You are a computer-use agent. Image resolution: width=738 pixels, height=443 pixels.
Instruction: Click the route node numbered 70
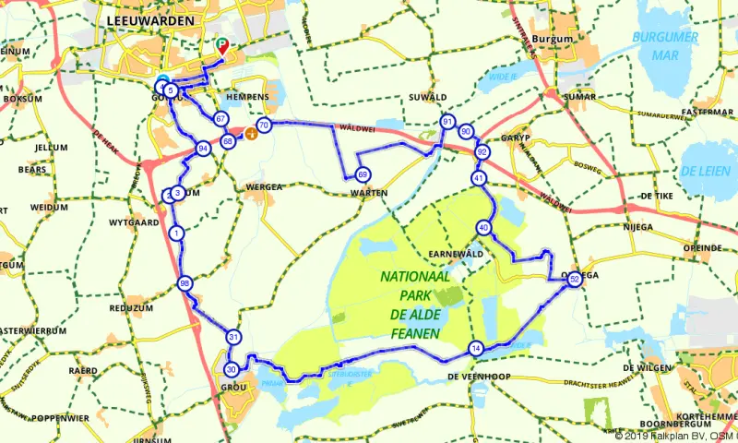coord(264,126)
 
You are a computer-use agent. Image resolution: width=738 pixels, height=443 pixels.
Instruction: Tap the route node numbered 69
coord(363,175)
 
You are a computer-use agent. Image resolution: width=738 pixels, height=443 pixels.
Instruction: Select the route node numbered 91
coord(447,122)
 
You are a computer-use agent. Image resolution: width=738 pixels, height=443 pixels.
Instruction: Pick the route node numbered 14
coord(476,348)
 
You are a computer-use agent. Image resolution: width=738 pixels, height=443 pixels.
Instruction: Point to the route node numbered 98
coord(185,283)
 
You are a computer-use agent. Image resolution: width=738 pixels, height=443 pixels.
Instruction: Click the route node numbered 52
coord(575,279)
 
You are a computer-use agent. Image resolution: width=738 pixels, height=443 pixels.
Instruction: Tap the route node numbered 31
coord(234,337)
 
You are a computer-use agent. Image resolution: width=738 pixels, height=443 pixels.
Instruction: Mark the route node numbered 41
coord(478,177)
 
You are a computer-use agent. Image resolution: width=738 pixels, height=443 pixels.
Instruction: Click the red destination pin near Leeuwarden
coord(221,45)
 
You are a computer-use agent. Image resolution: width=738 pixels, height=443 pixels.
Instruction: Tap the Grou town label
coord(232,389)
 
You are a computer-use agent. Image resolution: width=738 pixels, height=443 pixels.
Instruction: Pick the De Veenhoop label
coord(481,377)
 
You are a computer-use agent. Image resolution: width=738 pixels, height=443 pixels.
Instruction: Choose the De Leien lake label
coord(704,172)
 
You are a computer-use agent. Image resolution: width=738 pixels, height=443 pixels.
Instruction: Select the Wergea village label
coord(265,186)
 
